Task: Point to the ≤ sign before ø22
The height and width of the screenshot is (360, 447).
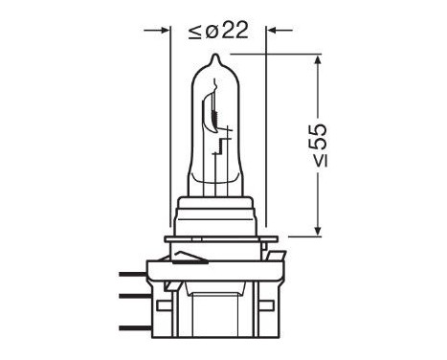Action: click(x=194, y=30)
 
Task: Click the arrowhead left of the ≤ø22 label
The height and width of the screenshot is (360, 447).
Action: click(x=163, y=30)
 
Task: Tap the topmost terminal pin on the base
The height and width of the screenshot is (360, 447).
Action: click(x=133, y=273)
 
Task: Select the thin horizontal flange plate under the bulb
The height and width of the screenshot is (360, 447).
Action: click(x=220, y=238)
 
